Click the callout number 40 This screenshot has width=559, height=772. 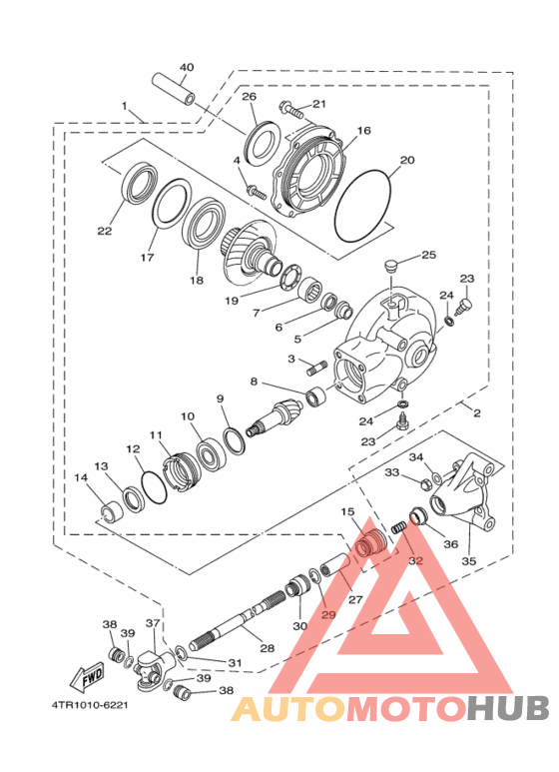coord(186,68)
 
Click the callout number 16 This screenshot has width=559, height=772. coord(362,131)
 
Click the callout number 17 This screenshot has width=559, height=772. coord(147,258)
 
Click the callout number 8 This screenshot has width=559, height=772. coord(255,382)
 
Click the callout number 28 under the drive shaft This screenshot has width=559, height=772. coord(267,648)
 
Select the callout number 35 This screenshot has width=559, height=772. coord(468,561)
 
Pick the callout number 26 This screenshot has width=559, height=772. coord(249,97)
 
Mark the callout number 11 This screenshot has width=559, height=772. coord(155,434)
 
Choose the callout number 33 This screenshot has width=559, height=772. coord(392,472)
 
